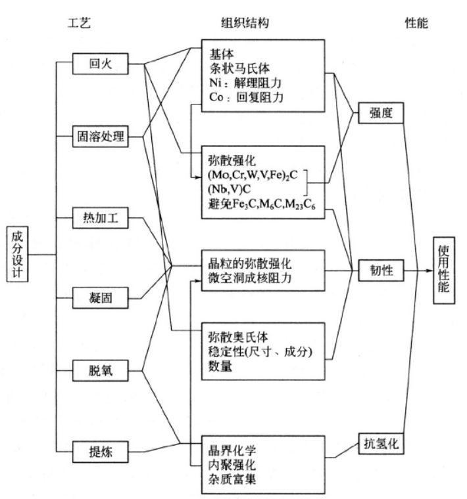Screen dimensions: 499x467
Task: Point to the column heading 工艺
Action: point(79,22)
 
